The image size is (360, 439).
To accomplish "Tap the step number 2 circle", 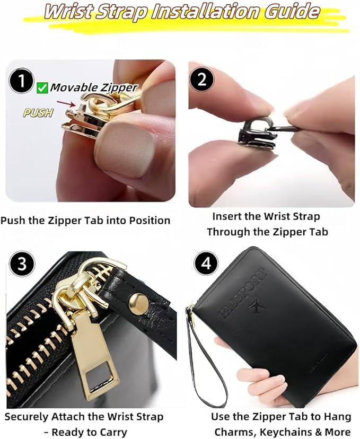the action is [x=201, y=80].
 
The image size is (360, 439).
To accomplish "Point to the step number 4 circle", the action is [x=206, y=264].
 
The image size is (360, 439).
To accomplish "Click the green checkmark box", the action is [x=42, y=88].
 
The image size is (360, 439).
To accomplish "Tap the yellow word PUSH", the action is [x=38, y=113].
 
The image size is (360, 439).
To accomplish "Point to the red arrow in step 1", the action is [x=66, y=103].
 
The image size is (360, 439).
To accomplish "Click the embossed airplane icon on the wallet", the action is [x=256, y=306].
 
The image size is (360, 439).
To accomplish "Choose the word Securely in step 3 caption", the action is [x=28, y=417].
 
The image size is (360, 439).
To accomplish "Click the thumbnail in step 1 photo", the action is [x=125, y=151].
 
